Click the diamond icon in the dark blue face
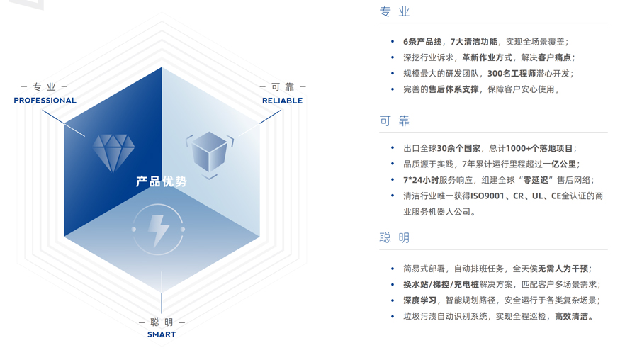(113, 150)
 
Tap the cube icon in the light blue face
(210, 152)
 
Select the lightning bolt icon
(158, 230)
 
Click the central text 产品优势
(162, 182)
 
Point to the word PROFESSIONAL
(45, 101)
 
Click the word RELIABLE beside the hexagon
(282, 101)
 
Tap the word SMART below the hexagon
(162, 334)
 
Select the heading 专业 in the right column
(395, 12)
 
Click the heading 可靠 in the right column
(395, 121)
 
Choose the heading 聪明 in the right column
(395, 238)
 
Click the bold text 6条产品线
(422, 42)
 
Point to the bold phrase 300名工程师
(511, 73)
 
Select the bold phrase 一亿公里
(559, 164)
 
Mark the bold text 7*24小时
(421, 180)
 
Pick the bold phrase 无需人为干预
(563, 269)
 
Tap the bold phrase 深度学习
(419, 300)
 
